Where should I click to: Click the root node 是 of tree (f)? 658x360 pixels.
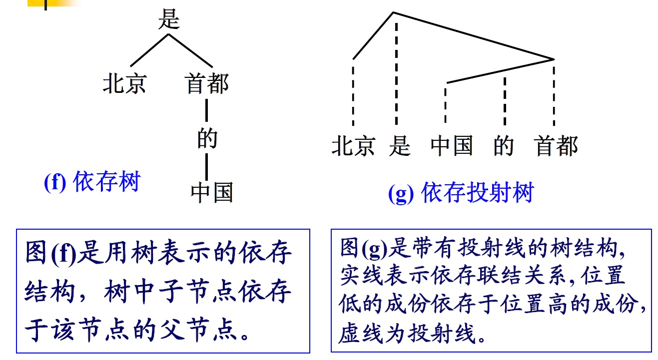pyautogui.click(x=168, y=19)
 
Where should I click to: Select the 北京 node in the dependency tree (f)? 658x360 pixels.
pyautogui.click(x=124, y=84)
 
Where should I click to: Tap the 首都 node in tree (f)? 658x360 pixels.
pyautogui.click(x=207, y=84)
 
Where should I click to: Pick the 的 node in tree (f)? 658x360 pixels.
pyautogui.click(x=207, y=138)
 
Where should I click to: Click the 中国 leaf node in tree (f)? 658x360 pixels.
pyautogui.click(x=212, y=192)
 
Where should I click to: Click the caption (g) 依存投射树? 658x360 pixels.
pyautogui.click(x=461, y=193)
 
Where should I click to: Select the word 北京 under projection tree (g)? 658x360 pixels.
pyautogui.click(x=353, y=146)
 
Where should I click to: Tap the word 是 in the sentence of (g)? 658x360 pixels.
pyautogui.click(x=400, y=146)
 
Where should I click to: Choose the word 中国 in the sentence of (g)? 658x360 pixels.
pyautogui.click(x=452, y=146)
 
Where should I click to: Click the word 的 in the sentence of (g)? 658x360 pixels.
pyautogui.click(x=504, y=146)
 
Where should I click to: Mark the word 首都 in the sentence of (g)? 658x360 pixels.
pyautogui.click(x=556, y=146)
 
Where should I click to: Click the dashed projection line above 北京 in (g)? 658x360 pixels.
pyautogui.click(x=353, y=92)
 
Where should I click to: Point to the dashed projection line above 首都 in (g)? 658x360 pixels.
pyautogui.click(x=554, y=92)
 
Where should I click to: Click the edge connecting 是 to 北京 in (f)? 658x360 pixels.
pyautogui.click(x=149, y=50)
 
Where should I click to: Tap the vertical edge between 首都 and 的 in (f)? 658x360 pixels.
pyautogui.click(x=207, y=110)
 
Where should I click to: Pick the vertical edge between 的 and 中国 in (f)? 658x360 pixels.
pyautogui.click(x=207, y=167)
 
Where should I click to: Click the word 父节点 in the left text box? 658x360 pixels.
pyautogui.click(x=199, y=330)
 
